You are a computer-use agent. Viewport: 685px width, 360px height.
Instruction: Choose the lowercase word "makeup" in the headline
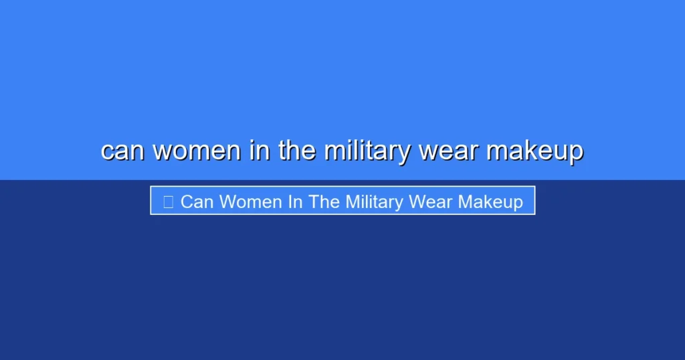pos(534,152)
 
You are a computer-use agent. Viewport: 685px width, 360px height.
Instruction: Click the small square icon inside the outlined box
pos(168,201)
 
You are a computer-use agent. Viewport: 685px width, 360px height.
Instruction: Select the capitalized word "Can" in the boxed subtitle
pos(197,201)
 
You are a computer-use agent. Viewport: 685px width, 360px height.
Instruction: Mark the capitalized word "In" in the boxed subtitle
pos(295,201)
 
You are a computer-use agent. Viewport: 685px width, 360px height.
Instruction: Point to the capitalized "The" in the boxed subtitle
pos(324,201)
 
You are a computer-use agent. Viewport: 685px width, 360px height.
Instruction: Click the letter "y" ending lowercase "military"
pos(403,154)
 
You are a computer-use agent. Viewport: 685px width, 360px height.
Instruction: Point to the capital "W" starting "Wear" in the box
pos(419,201)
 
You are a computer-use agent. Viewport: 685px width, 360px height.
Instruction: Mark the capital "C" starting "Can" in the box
pos(187,201)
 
